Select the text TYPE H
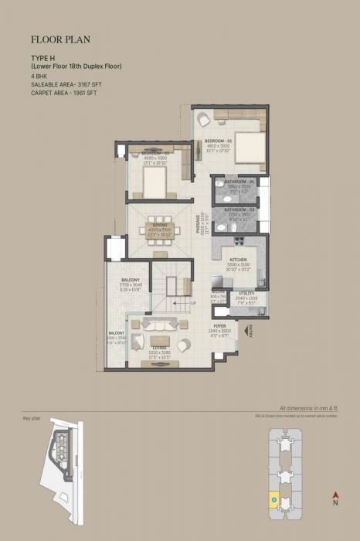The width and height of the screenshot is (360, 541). tap(42, 60)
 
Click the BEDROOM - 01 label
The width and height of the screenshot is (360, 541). tap(219, 141)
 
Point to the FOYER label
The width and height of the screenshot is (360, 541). tap(220, 326)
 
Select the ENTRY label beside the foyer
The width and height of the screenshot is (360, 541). tap(250, 331)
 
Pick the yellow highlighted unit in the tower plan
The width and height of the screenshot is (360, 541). tap(273, 500)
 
